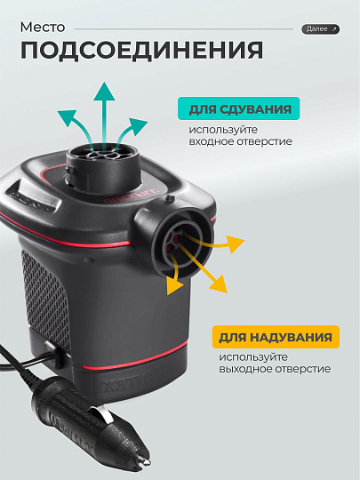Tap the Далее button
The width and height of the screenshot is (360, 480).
point(320,29)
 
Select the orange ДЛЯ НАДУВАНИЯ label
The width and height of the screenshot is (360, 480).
point(276,338)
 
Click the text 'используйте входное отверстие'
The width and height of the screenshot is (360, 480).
point(240,135)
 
